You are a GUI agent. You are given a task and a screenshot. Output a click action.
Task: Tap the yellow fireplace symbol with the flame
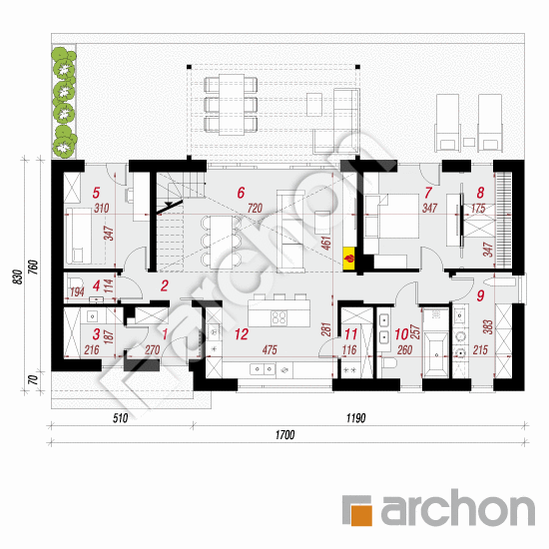pos(348,258)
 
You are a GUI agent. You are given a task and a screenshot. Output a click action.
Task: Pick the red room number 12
pos(240,334)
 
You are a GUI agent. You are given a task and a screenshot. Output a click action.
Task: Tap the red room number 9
pos(479,294)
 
